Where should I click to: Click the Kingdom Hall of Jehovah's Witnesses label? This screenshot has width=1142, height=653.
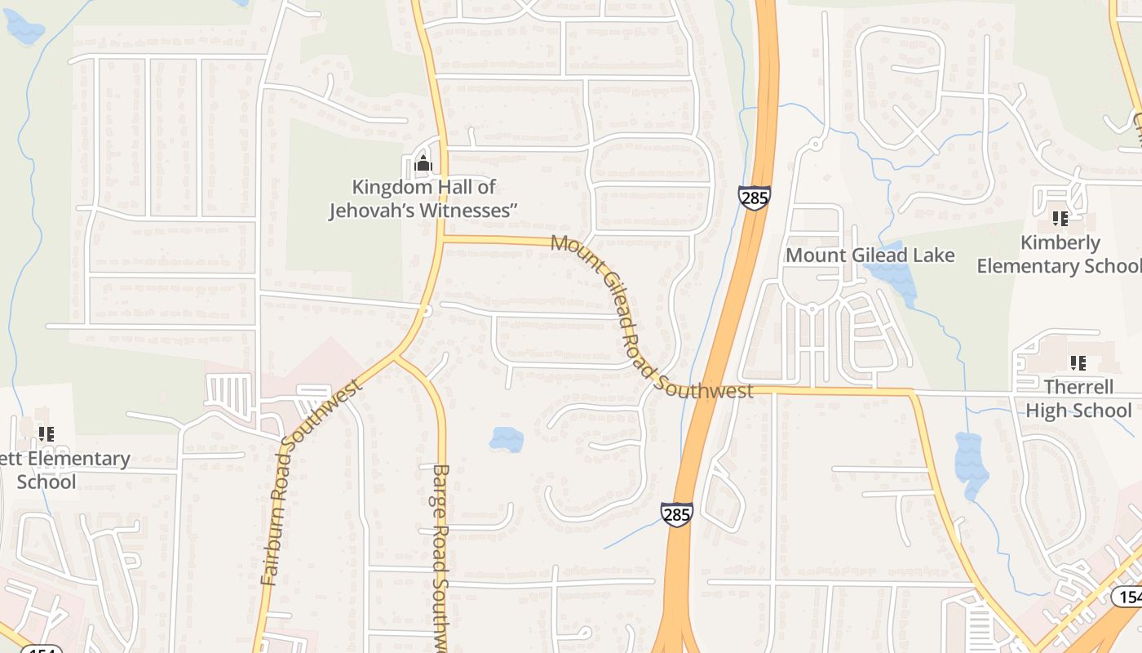(x=423, y=199)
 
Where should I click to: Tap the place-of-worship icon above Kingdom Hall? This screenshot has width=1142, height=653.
(x=423, y=164)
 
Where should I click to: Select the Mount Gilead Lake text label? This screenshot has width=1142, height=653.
(x=870, y=255)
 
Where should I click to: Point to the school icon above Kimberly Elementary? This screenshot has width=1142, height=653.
(x=1060, y=218)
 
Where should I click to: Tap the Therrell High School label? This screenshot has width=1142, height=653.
(x=1078, y=398)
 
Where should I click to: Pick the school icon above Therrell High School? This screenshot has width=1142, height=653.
(x=1078, y=362)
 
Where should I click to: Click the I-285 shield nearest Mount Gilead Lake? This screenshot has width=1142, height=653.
(x=754, y=198)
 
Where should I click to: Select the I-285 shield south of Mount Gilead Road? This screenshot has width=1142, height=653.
(x=677, y=514)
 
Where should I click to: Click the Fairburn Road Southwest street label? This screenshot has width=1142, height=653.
(x=311, y=482)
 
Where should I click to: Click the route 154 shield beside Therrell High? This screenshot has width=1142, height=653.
(x=1127, y=597)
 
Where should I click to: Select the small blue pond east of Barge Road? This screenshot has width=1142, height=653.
(x=507, y=439)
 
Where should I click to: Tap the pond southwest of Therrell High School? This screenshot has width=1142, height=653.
(x=971, y=465)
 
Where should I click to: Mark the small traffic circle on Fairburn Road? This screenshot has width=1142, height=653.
(x=426, y=311)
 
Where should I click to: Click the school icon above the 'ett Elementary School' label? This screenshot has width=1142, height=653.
(x=46, y=434)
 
